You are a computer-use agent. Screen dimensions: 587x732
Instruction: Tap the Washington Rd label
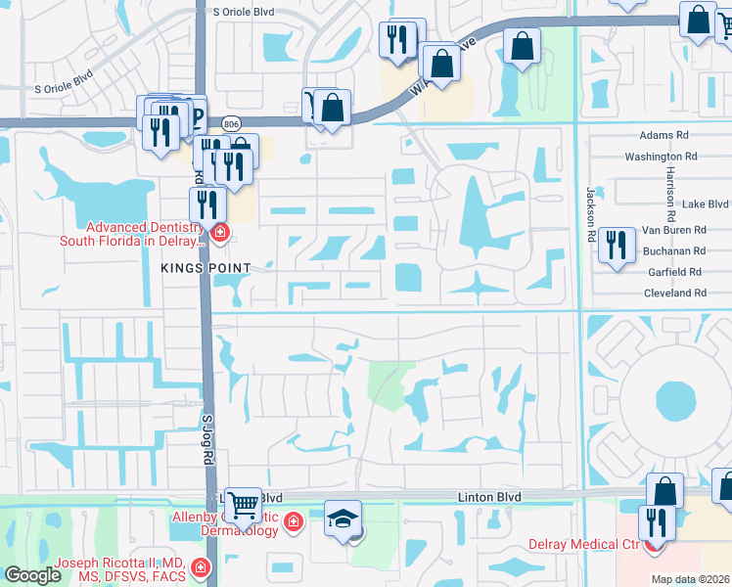[x=661, y=157]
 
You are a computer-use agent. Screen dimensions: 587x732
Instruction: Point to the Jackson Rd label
[x=591, y=214]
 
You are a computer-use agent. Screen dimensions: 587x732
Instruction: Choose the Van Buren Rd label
[x=673, y=230]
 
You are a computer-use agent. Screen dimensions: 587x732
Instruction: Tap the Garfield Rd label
[x=674, y=272]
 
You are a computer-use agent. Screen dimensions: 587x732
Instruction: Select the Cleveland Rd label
[x=674, y=293]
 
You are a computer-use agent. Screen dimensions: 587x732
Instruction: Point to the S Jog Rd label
[x=206, y=445]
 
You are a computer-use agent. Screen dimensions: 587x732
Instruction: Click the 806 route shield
[x=231, y=123]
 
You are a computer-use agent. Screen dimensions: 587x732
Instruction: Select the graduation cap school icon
[x=343, y=518]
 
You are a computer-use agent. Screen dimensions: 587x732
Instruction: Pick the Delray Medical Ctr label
[x=584, y=544]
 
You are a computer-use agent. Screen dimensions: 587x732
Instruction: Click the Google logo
[x=32, y=575]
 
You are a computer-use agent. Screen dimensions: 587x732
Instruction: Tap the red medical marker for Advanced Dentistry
[x=219, y=233]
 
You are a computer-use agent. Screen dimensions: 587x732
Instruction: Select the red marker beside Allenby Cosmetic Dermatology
[x=292, y=524]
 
